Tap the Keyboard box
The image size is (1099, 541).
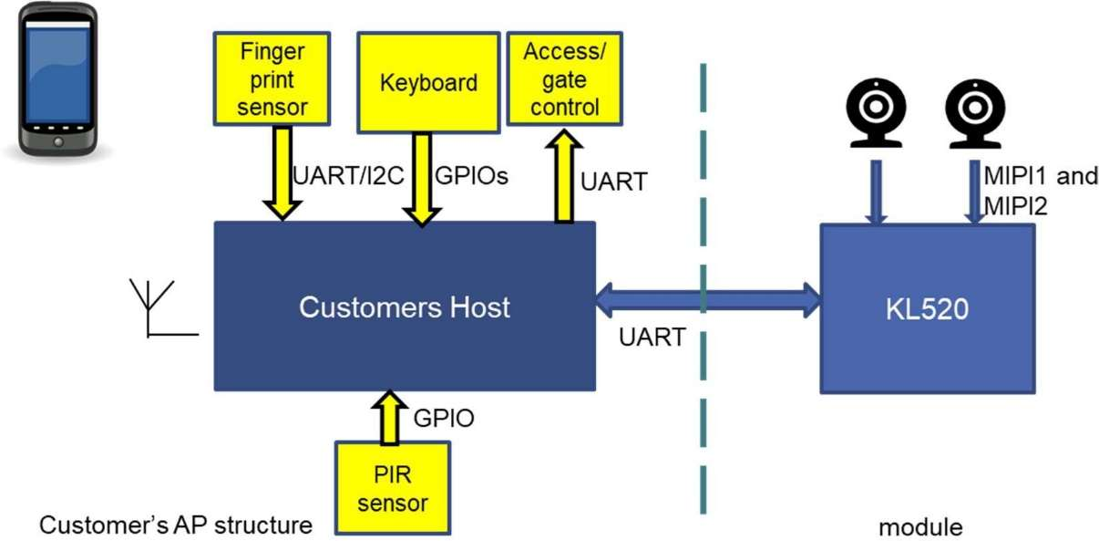coord(428,83)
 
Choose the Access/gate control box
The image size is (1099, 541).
coord(565,79)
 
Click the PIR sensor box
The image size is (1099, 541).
coord(393,488)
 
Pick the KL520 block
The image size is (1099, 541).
coord(928,309)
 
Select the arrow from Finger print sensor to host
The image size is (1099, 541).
coord(282,173)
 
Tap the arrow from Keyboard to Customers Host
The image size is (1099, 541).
coord(423,179)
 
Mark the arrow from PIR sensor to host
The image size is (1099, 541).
coord(390,417)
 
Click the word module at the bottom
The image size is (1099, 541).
coord(919,527)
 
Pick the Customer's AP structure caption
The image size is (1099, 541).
coord(175,525)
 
